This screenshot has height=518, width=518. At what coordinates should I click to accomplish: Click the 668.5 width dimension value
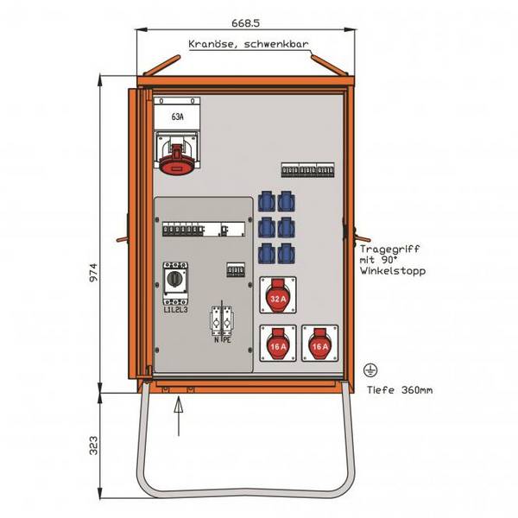[x=245, y=23]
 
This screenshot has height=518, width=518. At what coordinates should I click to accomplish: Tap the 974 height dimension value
[x=94, y=272]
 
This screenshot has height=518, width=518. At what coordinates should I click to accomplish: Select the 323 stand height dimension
[x=94, y=445]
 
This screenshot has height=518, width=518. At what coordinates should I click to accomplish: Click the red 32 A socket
[x=278, y=295]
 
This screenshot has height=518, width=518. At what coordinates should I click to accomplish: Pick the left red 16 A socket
[x=278, y=344]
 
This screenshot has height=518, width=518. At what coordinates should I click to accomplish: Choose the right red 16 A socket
[x=319, y=344]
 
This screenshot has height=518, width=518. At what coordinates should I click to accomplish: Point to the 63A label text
[x=177, y=117]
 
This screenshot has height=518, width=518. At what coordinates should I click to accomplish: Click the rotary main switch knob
[x=175, y=279]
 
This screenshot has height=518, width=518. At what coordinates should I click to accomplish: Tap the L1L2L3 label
[x=176, y=310]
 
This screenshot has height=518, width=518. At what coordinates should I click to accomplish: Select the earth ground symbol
[x=370, y=370]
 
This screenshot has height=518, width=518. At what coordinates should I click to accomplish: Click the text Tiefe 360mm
[x=400, y=390]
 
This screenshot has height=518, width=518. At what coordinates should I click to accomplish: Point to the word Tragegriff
[x=389, y=250]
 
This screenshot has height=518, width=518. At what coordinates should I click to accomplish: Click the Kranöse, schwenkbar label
[x=249, y=44]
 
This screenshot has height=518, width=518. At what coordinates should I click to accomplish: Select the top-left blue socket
[x=266, y=201]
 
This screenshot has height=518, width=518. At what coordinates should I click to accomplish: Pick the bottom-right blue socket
[x=286, y=253]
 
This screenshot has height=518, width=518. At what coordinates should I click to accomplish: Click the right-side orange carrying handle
[x=362, y=237]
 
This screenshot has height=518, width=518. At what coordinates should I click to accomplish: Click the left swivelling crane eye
[x=162, y=65]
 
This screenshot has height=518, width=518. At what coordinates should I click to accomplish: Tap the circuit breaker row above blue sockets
[x=307, y=170]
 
